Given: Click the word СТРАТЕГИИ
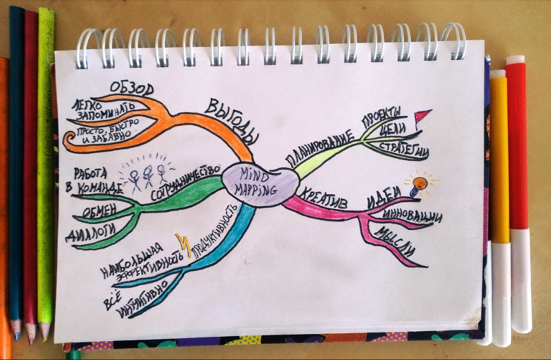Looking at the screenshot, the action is (405, 148).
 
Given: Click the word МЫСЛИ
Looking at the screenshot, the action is (396, 242).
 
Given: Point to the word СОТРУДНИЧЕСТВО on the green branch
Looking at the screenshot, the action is (182, 183).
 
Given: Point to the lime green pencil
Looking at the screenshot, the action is (46, 171).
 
